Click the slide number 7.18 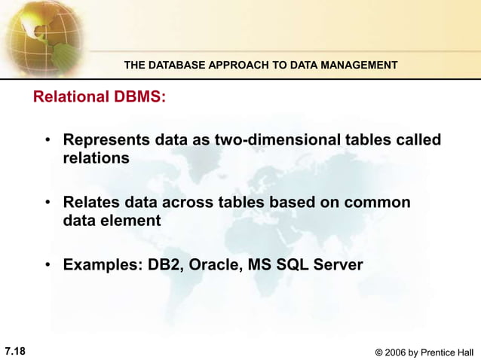15,351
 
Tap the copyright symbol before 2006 378,352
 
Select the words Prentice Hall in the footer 449,352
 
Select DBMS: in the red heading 139,98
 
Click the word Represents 106,141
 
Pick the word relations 96,159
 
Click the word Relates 90,203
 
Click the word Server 340,265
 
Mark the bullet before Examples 47,266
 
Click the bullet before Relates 47,204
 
